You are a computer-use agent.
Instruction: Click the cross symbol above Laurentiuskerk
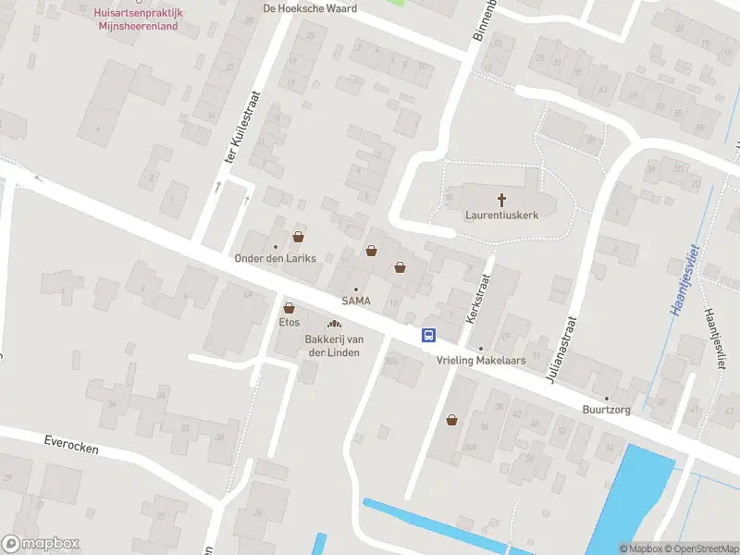pyautogui.click(x=502, y=199)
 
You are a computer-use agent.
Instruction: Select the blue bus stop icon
pyautogui.click(x=430, y=336)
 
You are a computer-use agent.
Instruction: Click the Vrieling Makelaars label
pyautogui.click(x=480, y=360)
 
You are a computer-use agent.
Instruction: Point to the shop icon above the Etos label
pyautogui.click(x=289, y=308)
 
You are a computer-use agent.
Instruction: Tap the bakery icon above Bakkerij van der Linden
pyautogui.click(x=334, y=324)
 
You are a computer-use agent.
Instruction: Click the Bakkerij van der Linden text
pyautogui.click(x=334, y=345)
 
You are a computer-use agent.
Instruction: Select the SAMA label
pyautogui.click(x=356, y=301)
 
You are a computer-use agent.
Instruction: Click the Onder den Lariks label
pyautogui.click(x=276, y=258)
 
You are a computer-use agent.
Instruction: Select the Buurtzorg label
pyautogui.click(x=607, y=410)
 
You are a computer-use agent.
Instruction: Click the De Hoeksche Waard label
pyautogui.click(x=310, y=7)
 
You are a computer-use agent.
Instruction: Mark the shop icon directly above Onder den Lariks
pyautogui.click(x=298, y=236)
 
